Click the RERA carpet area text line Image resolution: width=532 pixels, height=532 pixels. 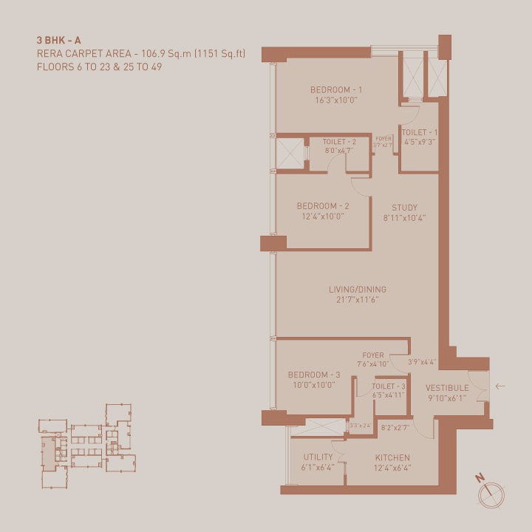(x=140, y=54)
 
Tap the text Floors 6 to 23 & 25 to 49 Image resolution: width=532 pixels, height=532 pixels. (x=99, y=66)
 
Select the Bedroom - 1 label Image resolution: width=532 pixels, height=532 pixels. (x=335, y=90)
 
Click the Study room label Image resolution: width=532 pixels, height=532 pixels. (x=405, y=208)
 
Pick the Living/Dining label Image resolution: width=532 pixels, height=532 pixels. (x=358, y=290)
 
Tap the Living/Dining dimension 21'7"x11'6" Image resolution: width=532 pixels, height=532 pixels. (x=358, y=300)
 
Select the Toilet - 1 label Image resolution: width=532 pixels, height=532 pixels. (x=419, y=132)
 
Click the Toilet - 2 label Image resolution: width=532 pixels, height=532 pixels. (x=339, y=141)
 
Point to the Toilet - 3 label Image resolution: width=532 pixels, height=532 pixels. (x=389, y=386)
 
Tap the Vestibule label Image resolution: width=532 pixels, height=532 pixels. (x=447, y=388)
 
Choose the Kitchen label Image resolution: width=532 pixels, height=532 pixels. (x=392, y=457)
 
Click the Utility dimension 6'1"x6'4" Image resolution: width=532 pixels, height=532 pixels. (x=318, y=468)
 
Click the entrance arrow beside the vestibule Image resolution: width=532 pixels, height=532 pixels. (x=500, y=386)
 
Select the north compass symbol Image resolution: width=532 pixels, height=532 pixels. (x=490, y=494)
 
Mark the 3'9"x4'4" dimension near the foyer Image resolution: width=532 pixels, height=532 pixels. (x=423, y=362)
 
